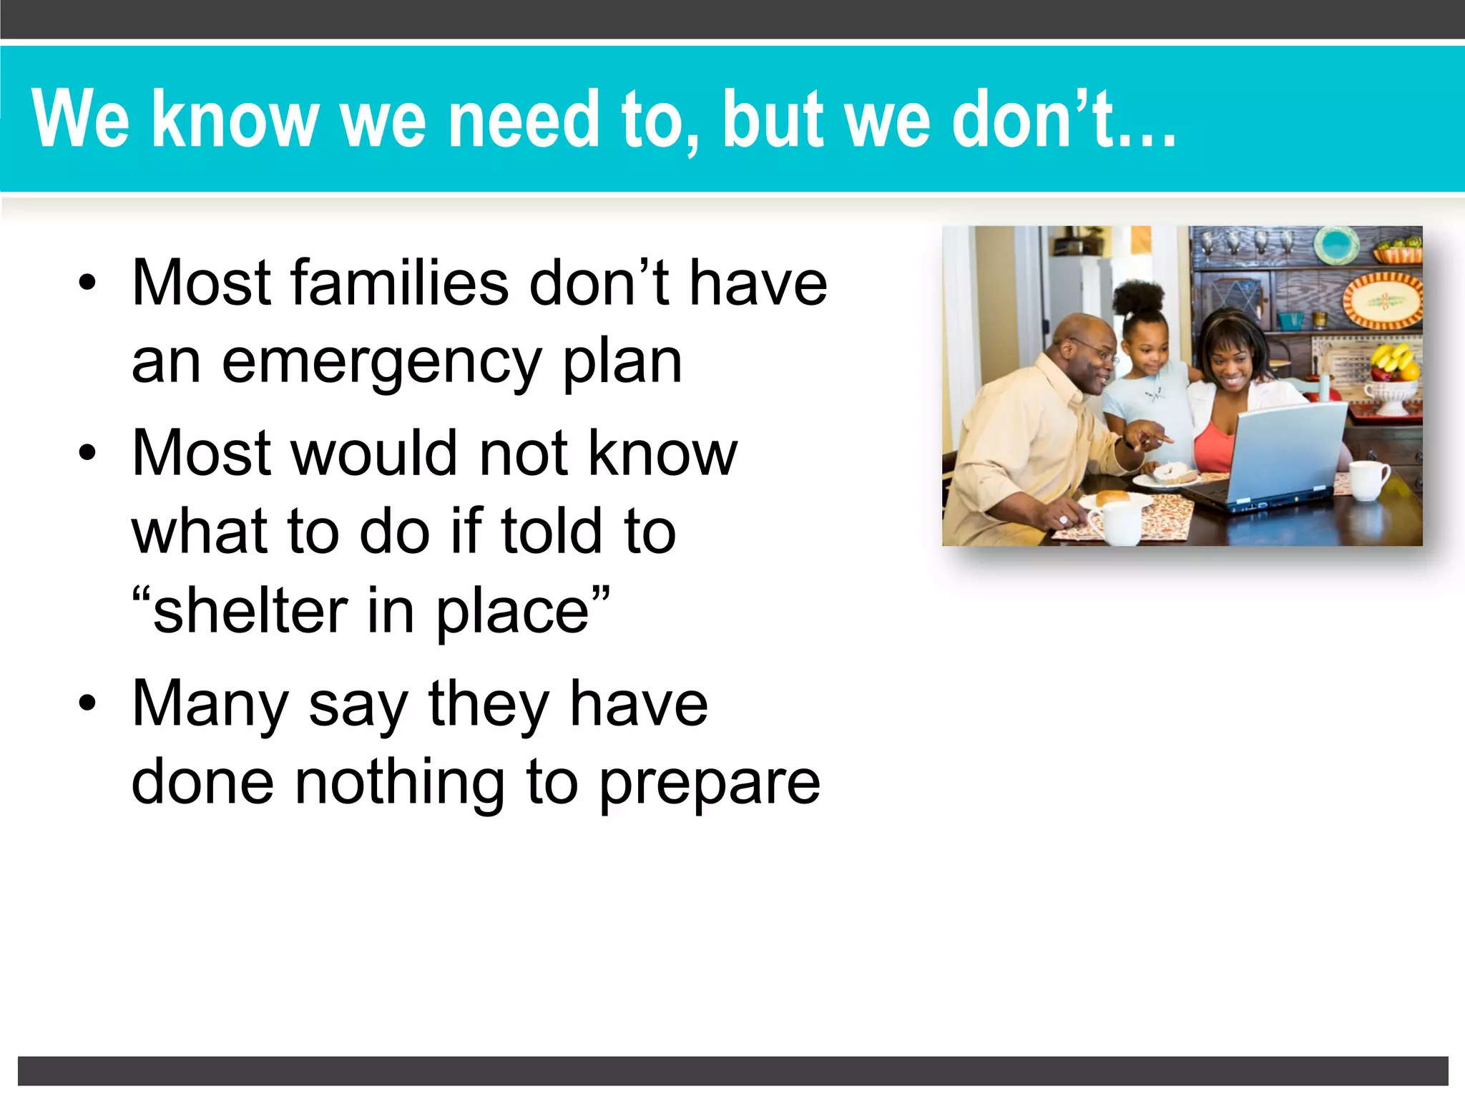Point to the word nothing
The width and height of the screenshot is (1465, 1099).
pyautogui.click(x=400, y=781)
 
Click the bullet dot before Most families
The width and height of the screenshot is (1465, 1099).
pyautogui.click(x=87, y=283)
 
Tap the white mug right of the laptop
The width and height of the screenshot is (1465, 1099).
pyautogui.click(x=1368, y=479)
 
